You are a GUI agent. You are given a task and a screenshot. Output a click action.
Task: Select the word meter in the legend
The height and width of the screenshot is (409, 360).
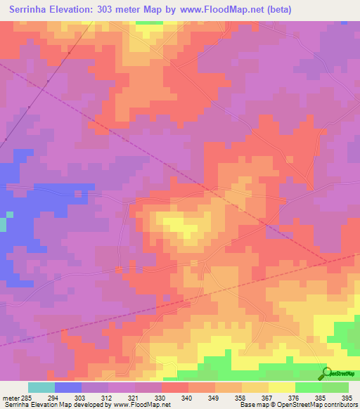point(11,397)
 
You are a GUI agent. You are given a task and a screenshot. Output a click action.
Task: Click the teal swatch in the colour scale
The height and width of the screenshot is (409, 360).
point(41,387)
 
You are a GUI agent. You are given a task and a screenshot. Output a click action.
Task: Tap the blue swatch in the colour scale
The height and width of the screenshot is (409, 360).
point(68,387)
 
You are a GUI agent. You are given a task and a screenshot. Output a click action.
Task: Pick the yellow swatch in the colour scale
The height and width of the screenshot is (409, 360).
point(282,387)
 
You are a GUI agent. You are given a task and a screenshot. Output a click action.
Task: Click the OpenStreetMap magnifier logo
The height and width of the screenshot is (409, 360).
point(326,372)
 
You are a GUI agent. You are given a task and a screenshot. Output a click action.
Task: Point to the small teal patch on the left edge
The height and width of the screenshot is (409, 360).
point(3,224)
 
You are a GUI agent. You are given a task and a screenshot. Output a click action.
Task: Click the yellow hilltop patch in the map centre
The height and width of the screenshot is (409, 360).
point(184,226)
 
